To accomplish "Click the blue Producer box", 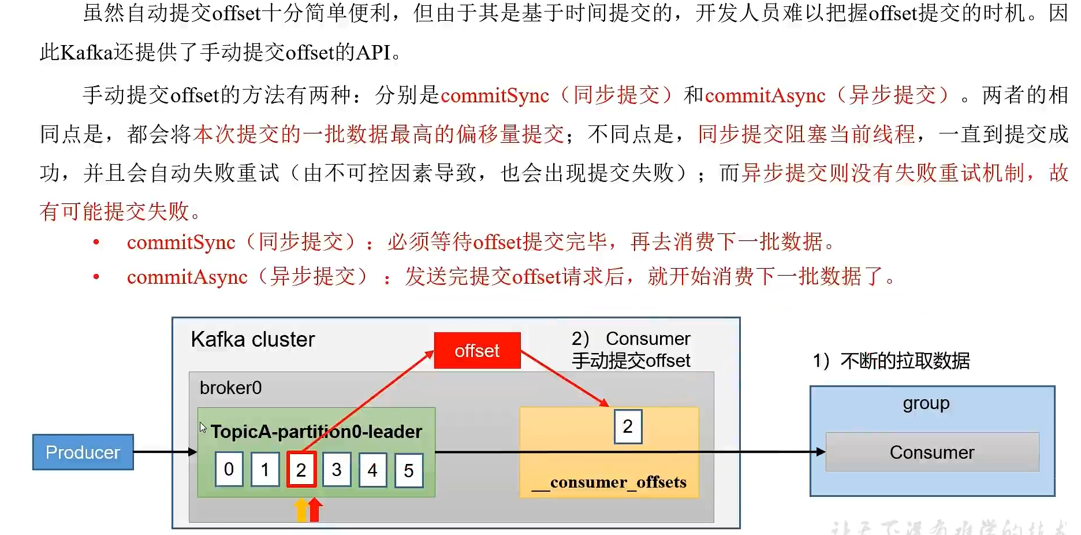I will tap(83, 452).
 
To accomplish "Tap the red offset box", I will tap(477, 350).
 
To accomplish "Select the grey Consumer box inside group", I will tap(932, 452).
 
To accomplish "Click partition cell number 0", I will tap(229, 469).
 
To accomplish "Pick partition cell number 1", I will tap(265, 469).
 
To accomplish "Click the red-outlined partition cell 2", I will tap(301, 470).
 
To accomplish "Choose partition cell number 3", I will tap(337, 469).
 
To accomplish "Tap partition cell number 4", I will tap(372, 470).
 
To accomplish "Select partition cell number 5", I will tap(409, 470).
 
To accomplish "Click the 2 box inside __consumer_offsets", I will tap(628, 426).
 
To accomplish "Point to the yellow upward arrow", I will tap(301, 510).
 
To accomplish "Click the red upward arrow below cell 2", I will tap(315, 510).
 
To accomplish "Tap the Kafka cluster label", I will tap(253, 339).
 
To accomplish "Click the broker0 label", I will tap(230, 387).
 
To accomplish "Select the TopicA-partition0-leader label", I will tap(316, 432).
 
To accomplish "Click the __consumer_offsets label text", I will tap(609, 482).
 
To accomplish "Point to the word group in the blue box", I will tap(926, 403).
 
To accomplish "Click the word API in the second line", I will tap(374, 53).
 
